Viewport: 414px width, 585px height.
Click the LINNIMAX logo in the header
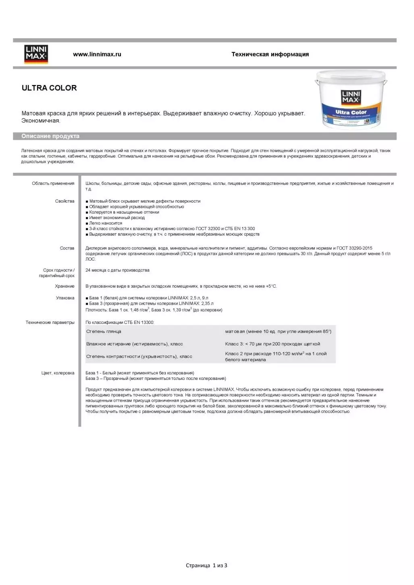tap(36, 54)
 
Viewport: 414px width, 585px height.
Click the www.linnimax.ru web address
tap(97, 54)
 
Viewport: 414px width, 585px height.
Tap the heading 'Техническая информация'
tap(270, 54)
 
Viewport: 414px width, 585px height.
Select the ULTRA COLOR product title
tap(49, 88)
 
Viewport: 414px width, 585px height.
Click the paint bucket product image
tap(351, 100)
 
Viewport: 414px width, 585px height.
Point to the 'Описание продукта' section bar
tap(50, 136)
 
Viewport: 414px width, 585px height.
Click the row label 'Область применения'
tap(53, 184)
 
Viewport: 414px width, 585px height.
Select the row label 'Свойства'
tap(64, 201)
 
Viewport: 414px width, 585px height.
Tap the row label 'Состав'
tap(67, 248)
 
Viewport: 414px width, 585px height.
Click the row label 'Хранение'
tap(64, 286)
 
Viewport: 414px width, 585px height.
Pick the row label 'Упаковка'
tap(65, 298)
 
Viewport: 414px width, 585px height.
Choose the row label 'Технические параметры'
tap(50, 322)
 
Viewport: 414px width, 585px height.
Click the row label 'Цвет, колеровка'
tap(58, 373)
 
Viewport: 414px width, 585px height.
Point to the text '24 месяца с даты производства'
tap(117, 270)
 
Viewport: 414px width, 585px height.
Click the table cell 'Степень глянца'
tap(104, 332)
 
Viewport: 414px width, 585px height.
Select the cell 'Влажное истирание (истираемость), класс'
tap(135, 344)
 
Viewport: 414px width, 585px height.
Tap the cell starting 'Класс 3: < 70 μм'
tap(273, 344)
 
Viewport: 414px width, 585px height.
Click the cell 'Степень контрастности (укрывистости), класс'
tap(139, 357)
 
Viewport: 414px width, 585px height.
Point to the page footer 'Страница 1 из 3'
tap(206, 566)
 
